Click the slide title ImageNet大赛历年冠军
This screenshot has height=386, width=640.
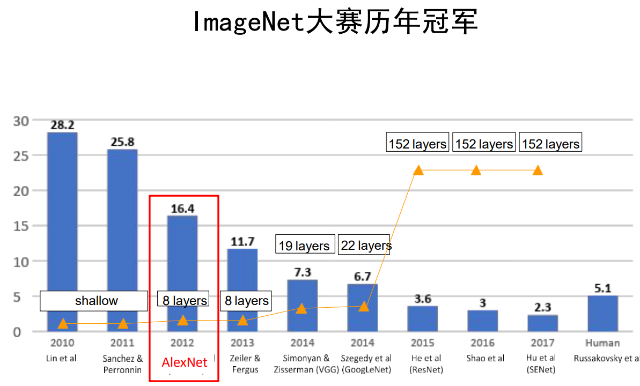(x=335, y=23)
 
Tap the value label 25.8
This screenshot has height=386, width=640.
(x=122, y=142)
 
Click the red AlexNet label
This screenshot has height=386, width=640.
(x=185, y=363)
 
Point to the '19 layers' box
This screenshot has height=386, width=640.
(x=305, y=246)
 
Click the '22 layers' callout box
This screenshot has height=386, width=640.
(x=364, y=246)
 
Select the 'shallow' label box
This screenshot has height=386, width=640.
(x=94, y=301)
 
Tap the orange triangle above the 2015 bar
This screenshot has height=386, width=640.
(x=418, y=170)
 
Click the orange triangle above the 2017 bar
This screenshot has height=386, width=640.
(x=538, y=170)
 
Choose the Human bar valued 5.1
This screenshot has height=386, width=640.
(x=602, y=313)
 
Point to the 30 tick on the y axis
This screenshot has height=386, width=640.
(x=20, y=121)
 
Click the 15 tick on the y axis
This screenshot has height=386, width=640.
(x=20, y=226)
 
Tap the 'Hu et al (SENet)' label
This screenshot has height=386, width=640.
(x=541, y=363)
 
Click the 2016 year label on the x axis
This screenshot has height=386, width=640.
(x=483, y=343)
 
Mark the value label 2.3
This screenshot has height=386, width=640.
(x=543, y=307)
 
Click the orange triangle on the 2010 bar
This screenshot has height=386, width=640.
(x=63, y=323)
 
